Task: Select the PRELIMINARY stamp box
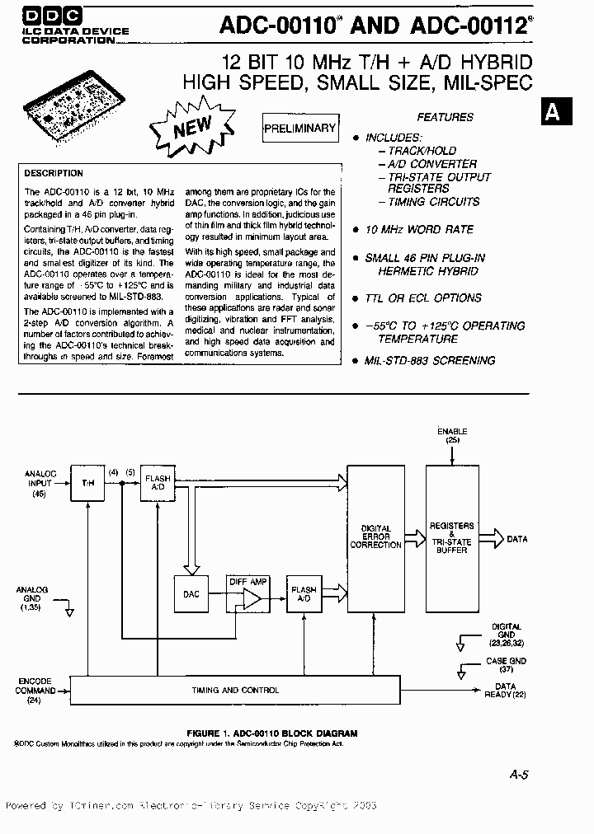point(299,129)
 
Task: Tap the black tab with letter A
point(552,113)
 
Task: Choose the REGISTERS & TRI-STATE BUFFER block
point(451,538)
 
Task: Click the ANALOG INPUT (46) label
point(39,483)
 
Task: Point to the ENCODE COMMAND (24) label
point(35,691)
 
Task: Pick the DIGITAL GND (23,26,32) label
point(505,635)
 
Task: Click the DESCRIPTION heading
point(54,174)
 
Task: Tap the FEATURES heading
point(445,118)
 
